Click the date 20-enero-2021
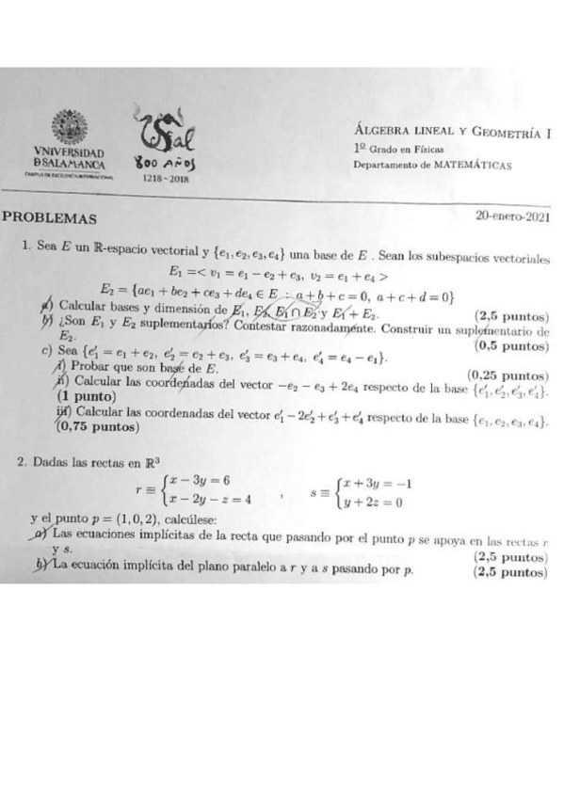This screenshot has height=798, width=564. pos(513,215)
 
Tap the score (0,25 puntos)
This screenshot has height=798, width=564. pos(507,374)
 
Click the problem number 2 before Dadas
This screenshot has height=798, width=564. pos(21,462)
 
